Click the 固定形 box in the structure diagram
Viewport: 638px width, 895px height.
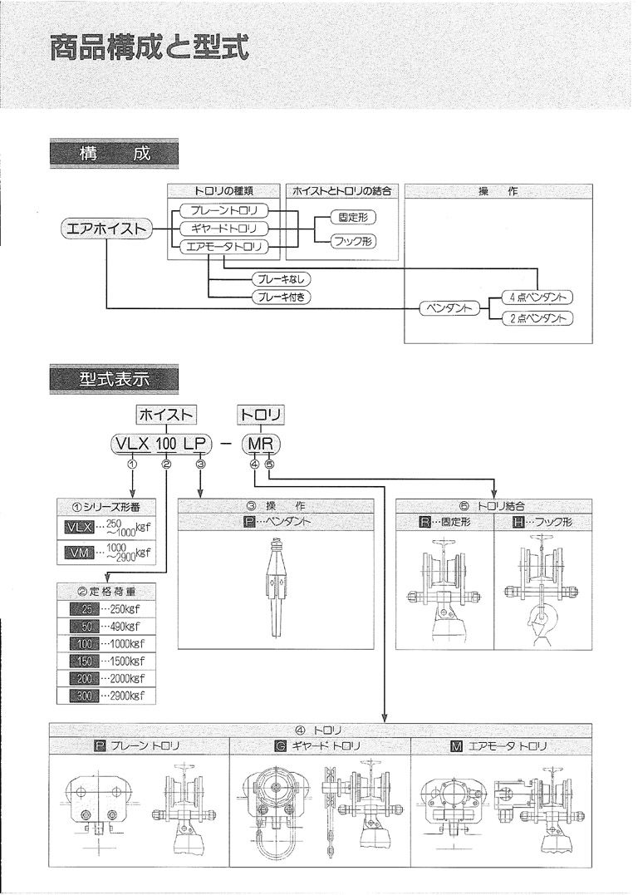coord(353,218)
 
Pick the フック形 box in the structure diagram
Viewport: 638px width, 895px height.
coord(353,242)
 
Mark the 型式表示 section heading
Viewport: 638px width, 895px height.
coord(114,379)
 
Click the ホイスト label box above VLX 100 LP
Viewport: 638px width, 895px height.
coord(166,414)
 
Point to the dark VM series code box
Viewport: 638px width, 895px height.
coord(79,553)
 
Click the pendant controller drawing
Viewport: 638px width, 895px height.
coord(277,588)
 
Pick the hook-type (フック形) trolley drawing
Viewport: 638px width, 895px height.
coord(544,590)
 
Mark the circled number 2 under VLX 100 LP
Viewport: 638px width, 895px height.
coord(166,465)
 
